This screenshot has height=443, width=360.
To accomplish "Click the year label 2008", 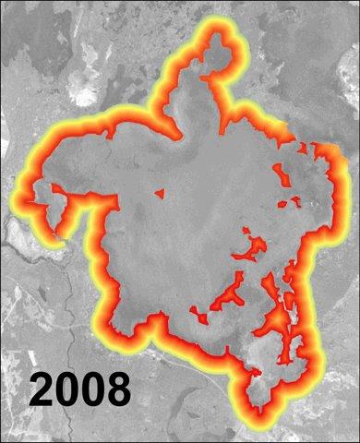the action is [x=78, y=389].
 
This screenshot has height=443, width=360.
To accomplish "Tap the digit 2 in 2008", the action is [x=42, y=389].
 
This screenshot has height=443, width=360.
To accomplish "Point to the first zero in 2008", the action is [x=67, y=389].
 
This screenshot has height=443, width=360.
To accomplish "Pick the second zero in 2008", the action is [x=91, y=389].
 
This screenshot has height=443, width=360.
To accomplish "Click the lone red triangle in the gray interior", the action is [x=159, y=194].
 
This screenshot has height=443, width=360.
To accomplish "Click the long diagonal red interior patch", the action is [x=226, y=295].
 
